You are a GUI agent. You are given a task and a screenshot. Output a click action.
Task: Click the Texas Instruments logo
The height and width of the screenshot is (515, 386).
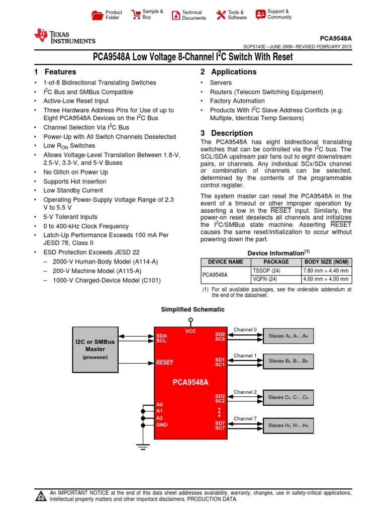point(64,37)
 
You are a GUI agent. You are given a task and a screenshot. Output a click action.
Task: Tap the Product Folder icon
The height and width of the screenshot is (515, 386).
point(97,15)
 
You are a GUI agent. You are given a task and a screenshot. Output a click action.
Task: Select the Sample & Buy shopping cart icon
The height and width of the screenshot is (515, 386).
point(135,15)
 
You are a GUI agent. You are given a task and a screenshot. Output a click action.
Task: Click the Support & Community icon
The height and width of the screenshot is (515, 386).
point(260,15)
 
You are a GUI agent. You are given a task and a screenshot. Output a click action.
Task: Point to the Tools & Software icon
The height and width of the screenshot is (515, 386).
point(221,15)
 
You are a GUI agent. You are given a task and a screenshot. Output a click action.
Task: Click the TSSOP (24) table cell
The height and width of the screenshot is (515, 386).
point(262,271)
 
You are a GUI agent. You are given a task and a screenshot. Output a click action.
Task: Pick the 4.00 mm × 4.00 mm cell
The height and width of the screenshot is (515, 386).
point(326,279)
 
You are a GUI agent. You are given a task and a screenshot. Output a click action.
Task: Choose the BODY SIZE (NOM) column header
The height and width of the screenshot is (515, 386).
point(326,262)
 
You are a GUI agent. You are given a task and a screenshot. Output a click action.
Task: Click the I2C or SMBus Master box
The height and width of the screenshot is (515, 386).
point(95,348)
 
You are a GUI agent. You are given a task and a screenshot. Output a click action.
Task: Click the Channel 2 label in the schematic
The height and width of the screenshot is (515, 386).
point(245,392)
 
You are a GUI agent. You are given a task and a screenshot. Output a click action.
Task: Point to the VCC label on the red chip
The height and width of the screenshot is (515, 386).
point(190,331)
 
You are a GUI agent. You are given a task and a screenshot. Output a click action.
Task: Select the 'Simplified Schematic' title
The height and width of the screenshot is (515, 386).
point(192,309)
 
